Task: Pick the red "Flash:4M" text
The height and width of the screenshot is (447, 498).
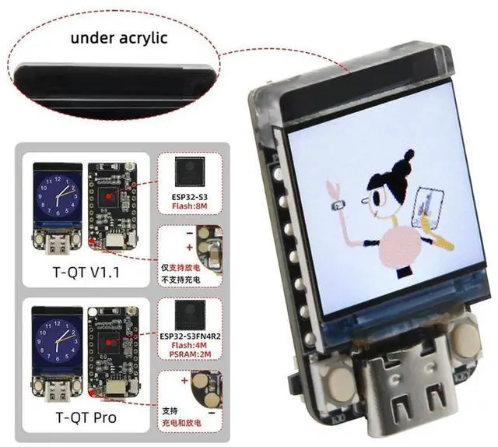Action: point(189,347)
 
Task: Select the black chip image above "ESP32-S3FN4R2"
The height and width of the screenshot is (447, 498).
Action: point(189,314)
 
